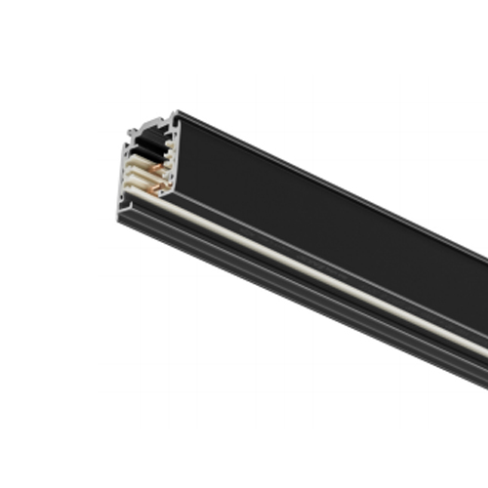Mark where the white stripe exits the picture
tap(485, 350)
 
